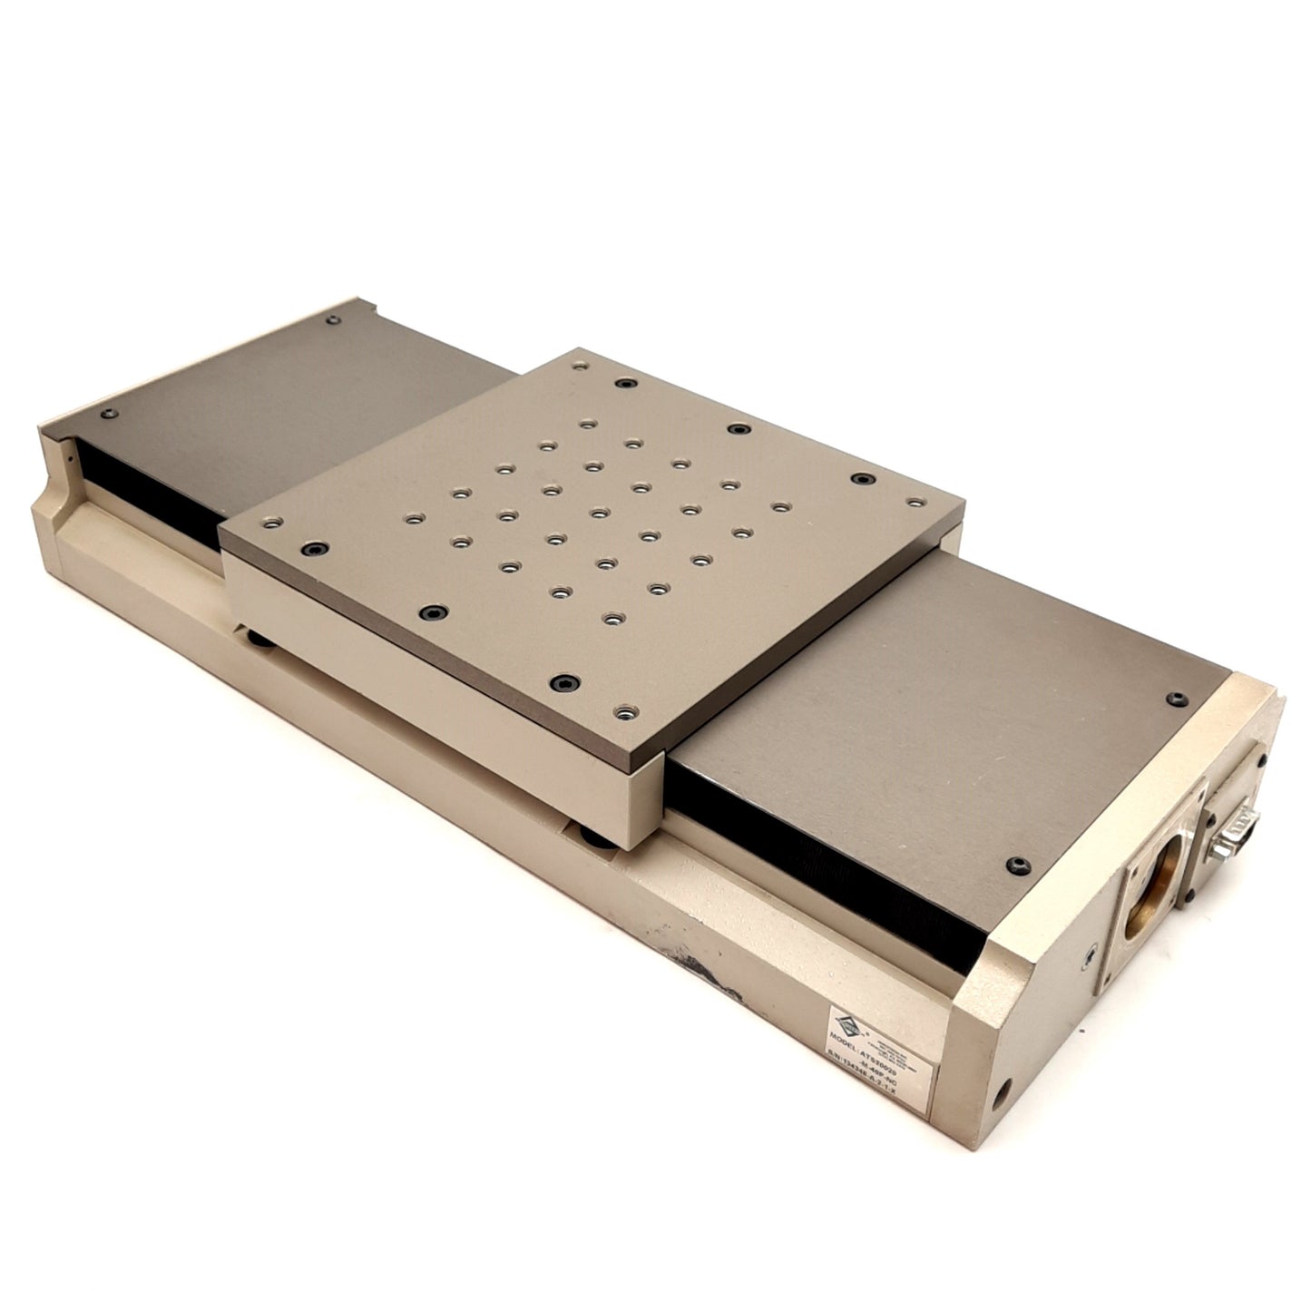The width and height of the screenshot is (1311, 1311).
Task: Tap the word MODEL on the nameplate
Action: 849,1036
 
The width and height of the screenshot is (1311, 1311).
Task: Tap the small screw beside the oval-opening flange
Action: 1089,954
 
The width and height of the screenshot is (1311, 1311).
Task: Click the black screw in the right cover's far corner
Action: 1178,699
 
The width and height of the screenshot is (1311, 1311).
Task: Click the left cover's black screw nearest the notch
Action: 109,414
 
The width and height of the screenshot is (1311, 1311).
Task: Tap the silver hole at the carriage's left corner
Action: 269,523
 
